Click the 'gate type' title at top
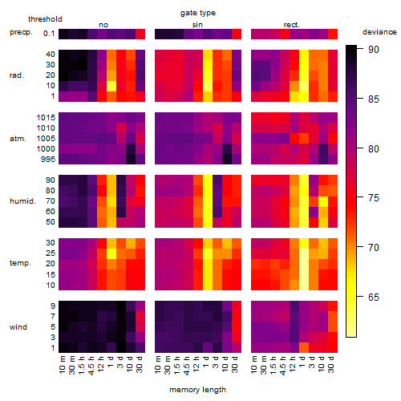[198, 13]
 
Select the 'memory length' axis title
[197, 390]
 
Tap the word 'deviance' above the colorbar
[379, 32]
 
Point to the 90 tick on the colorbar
[360, 49]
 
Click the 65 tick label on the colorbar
[374, 297]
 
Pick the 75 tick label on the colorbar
[374, 198]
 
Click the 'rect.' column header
[291, 25]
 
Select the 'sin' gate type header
[197, 25]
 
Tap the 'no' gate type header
[103, 25]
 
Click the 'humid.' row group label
[22, 201]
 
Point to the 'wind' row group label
[18, 327]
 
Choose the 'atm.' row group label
[18, 139]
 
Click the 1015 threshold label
[46, 118]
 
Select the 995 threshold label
[48, 160]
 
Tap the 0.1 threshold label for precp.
[49, 34]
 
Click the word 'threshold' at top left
[45, 19]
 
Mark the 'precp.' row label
[21, 32]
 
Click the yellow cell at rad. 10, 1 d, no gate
[111, 86]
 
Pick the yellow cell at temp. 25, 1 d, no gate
[111, 253]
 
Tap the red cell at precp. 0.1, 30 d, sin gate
[237, 34]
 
